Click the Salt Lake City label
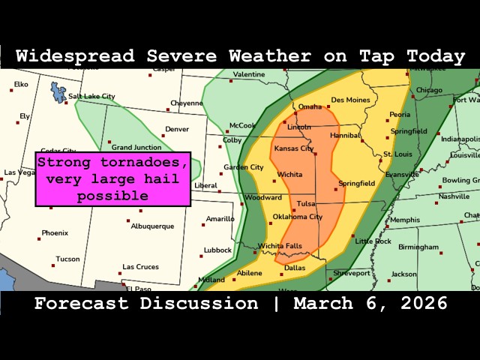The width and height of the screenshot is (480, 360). [91, 96]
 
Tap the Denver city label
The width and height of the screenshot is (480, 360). [176, 129]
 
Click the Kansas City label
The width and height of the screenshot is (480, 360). [294, 148]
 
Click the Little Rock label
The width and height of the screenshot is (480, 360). [373, 241]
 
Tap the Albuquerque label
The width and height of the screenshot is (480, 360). [152, 226]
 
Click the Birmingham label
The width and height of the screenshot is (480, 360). [418, 247]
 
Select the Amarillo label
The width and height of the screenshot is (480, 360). [220, 219]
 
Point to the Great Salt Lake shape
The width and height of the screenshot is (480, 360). [57, 92]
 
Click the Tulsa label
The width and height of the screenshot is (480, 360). [305, 203]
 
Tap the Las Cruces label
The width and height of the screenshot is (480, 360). [141, 267]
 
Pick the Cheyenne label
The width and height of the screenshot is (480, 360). [186, 103]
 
